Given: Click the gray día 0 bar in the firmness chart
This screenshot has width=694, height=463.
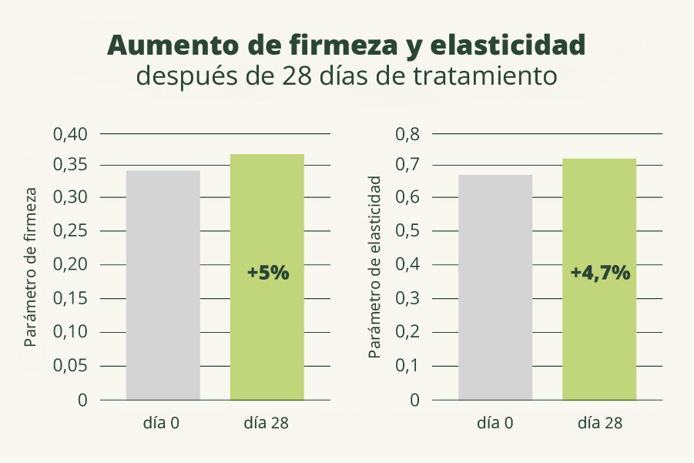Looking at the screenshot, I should point(163,285).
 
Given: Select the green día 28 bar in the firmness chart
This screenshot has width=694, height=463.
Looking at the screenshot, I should point(267,231).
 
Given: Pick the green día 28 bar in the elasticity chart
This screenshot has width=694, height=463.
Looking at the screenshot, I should point(599,231).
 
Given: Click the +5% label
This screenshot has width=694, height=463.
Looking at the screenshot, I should point(267,273).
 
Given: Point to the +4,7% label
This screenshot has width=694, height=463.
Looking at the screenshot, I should point(600,273).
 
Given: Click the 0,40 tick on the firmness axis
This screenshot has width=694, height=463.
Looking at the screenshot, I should point(71,134).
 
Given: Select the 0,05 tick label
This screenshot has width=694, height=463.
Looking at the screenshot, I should point(71,366).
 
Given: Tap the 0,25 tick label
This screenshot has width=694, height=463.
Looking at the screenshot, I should point(71,231).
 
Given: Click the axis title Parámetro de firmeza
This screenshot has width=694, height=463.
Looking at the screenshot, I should point(31,267).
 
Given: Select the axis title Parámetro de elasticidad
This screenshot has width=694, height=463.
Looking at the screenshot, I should point(375,267).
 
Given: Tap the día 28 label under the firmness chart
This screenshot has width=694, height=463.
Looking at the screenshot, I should point(267,423).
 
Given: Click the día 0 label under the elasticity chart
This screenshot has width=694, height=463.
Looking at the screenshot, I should point(495,423).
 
